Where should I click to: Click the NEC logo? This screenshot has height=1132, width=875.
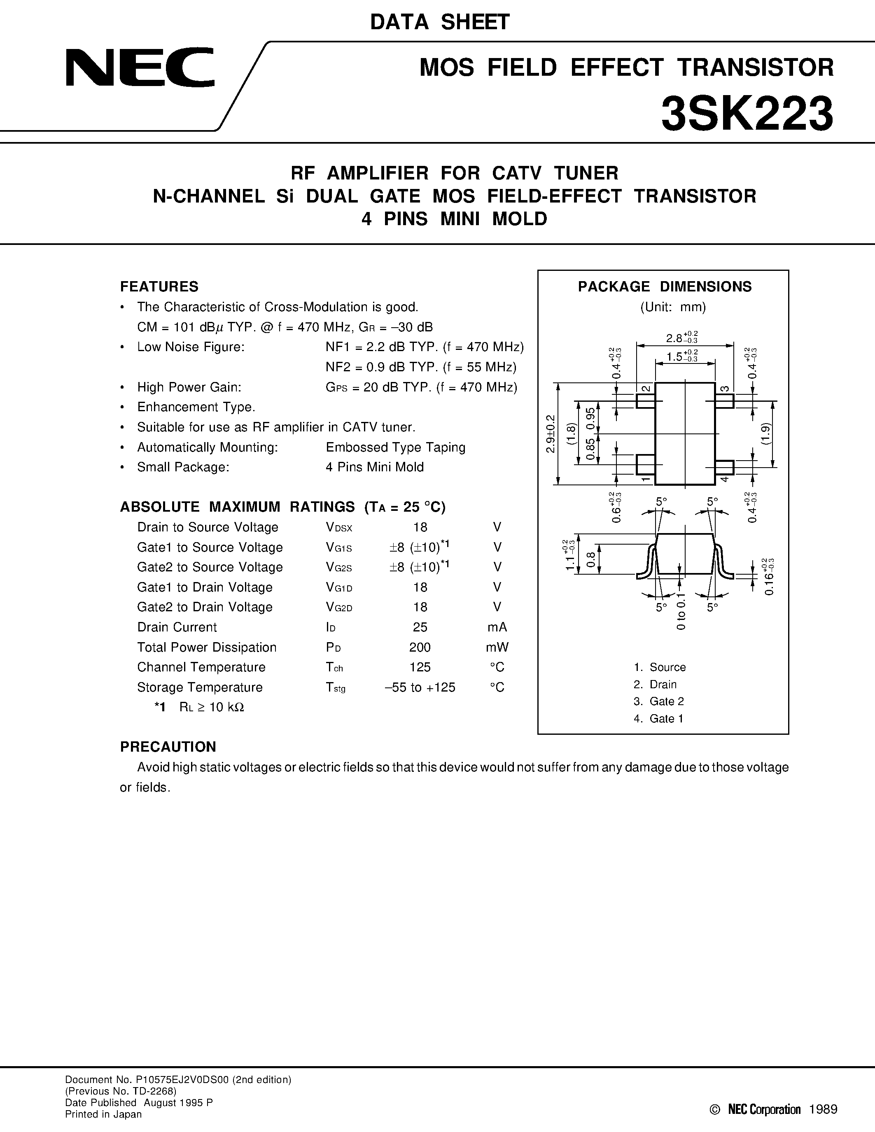tap(140, 68)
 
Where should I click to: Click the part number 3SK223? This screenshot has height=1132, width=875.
tap(747, 114)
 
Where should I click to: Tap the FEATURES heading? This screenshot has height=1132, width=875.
tap(159, 286)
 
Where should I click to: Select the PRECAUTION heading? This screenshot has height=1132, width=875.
tap(168, 747)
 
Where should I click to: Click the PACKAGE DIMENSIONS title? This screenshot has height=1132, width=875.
tap(665, 286)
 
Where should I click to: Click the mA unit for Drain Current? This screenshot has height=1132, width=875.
tap(497, 627)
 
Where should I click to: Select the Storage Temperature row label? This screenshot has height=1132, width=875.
tap(200, 687)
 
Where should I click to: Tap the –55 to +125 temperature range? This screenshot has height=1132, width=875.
tap(420, 687)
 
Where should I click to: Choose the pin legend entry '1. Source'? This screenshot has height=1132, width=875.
tap(659, 667)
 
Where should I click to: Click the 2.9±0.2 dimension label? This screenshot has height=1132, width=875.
tap(551, 434)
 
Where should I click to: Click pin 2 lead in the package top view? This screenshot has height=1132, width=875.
tap(645, 401)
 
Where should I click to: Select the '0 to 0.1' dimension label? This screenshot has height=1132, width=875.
tap(681, 612)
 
